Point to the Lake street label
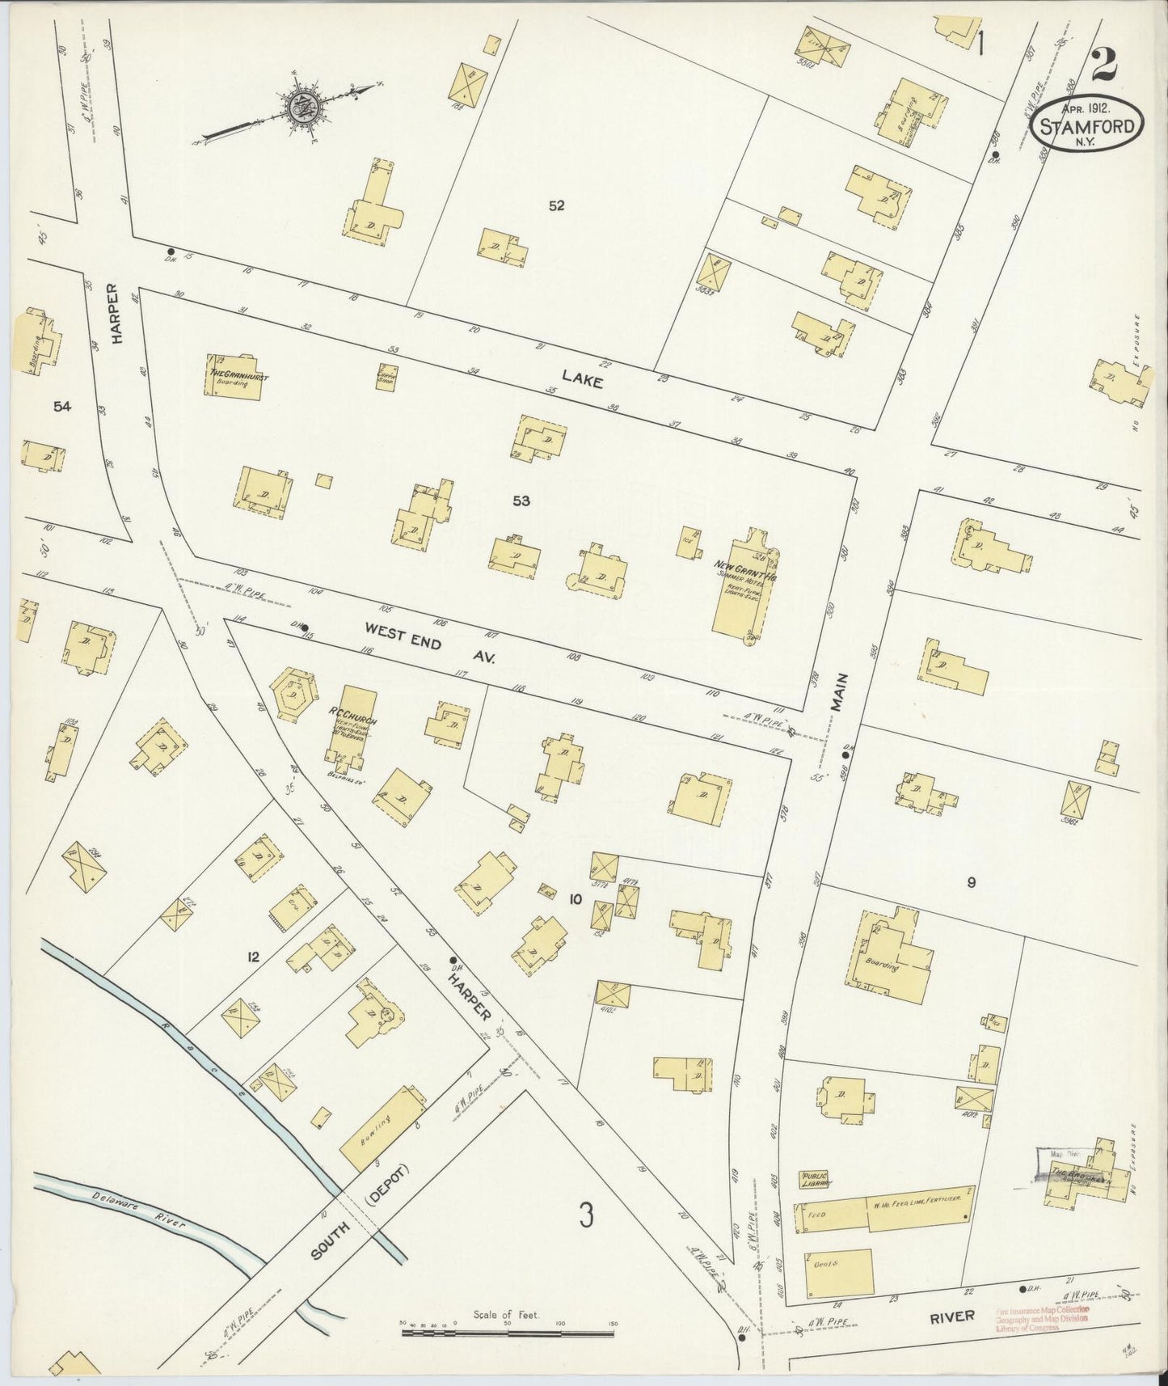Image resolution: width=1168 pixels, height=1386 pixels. tap(583, 378)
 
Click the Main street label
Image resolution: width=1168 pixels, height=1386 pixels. tap(841, 693)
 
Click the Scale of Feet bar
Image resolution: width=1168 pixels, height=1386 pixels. tap(508, 1329)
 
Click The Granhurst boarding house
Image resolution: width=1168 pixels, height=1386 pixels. tap(238, 377)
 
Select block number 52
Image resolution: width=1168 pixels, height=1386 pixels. tap(555, 205)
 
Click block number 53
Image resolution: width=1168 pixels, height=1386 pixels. tap(521, 501)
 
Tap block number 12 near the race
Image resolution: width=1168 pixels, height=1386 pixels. tap(253, 957)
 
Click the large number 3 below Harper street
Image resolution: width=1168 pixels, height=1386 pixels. tap(587, 1214)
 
